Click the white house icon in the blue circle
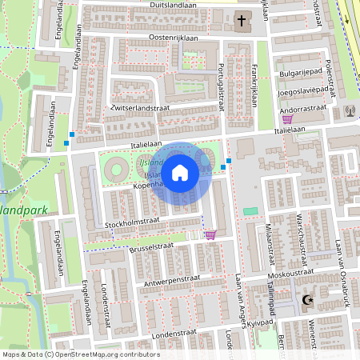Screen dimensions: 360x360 pyautogui.click(x=180, y=172)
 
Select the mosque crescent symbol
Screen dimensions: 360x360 pyautogui.click(x=306, y=301)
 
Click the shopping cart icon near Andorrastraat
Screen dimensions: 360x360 pyautogui.click(x=287, y=118)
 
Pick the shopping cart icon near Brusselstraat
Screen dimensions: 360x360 pyautogui.click(x=210, y=234)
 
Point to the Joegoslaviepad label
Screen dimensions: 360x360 pyautogui.click(x=303, y=91)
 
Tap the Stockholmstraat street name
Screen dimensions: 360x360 pyautogui.click(x=134, y=223)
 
